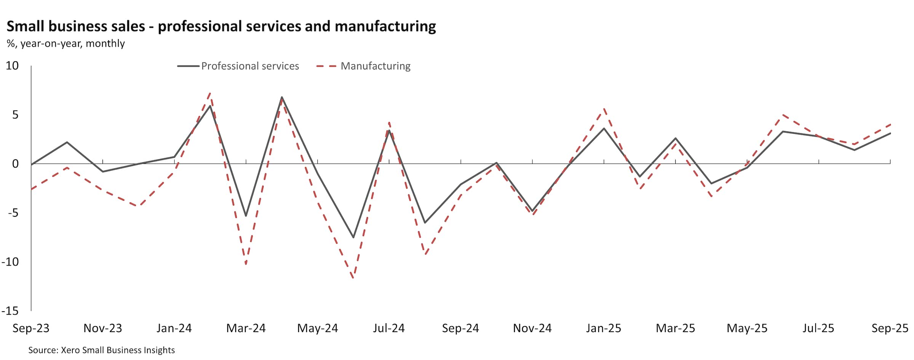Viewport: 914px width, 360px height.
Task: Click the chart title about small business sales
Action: click(221, 26)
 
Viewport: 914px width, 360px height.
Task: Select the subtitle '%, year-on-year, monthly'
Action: click(66, 44)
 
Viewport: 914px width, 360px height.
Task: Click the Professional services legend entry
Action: click(249, 66)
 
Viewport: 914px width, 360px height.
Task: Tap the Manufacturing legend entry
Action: click(375, 66)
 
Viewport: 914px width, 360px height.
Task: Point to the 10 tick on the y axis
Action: click(12, 66)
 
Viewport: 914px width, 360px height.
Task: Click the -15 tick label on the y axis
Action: click(10, 311)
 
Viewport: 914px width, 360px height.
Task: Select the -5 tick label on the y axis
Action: click(13, 213)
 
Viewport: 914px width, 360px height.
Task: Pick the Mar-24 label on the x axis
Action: click(246, 328)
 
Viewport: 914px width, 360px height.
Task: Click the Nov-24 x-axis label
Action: click(532, 328)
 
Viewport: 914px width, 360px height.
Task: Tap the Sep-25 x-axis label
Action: click(890, 328)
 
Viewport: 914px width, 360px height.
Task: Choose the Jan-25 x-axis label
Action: click(603, 328)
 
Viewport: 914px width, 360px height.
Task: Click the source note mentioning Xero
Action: click(101, 350)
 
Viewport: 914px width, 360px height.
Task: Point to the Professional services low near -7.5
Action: click(353, 237)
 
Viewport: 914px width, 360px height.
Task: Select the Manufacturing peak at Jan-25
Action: click(604, 109)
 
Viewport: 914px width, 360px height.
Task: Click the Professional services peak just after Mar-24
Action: click(282, 97)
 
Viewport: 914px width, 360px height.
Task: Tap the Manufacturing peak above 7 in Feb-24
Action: click(210, 93)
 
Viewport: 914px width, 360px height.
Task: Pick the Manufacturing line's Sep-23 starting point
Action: click(31, 189)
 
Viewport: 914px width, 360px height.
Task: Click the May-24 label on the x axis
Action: click(317, 328)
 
